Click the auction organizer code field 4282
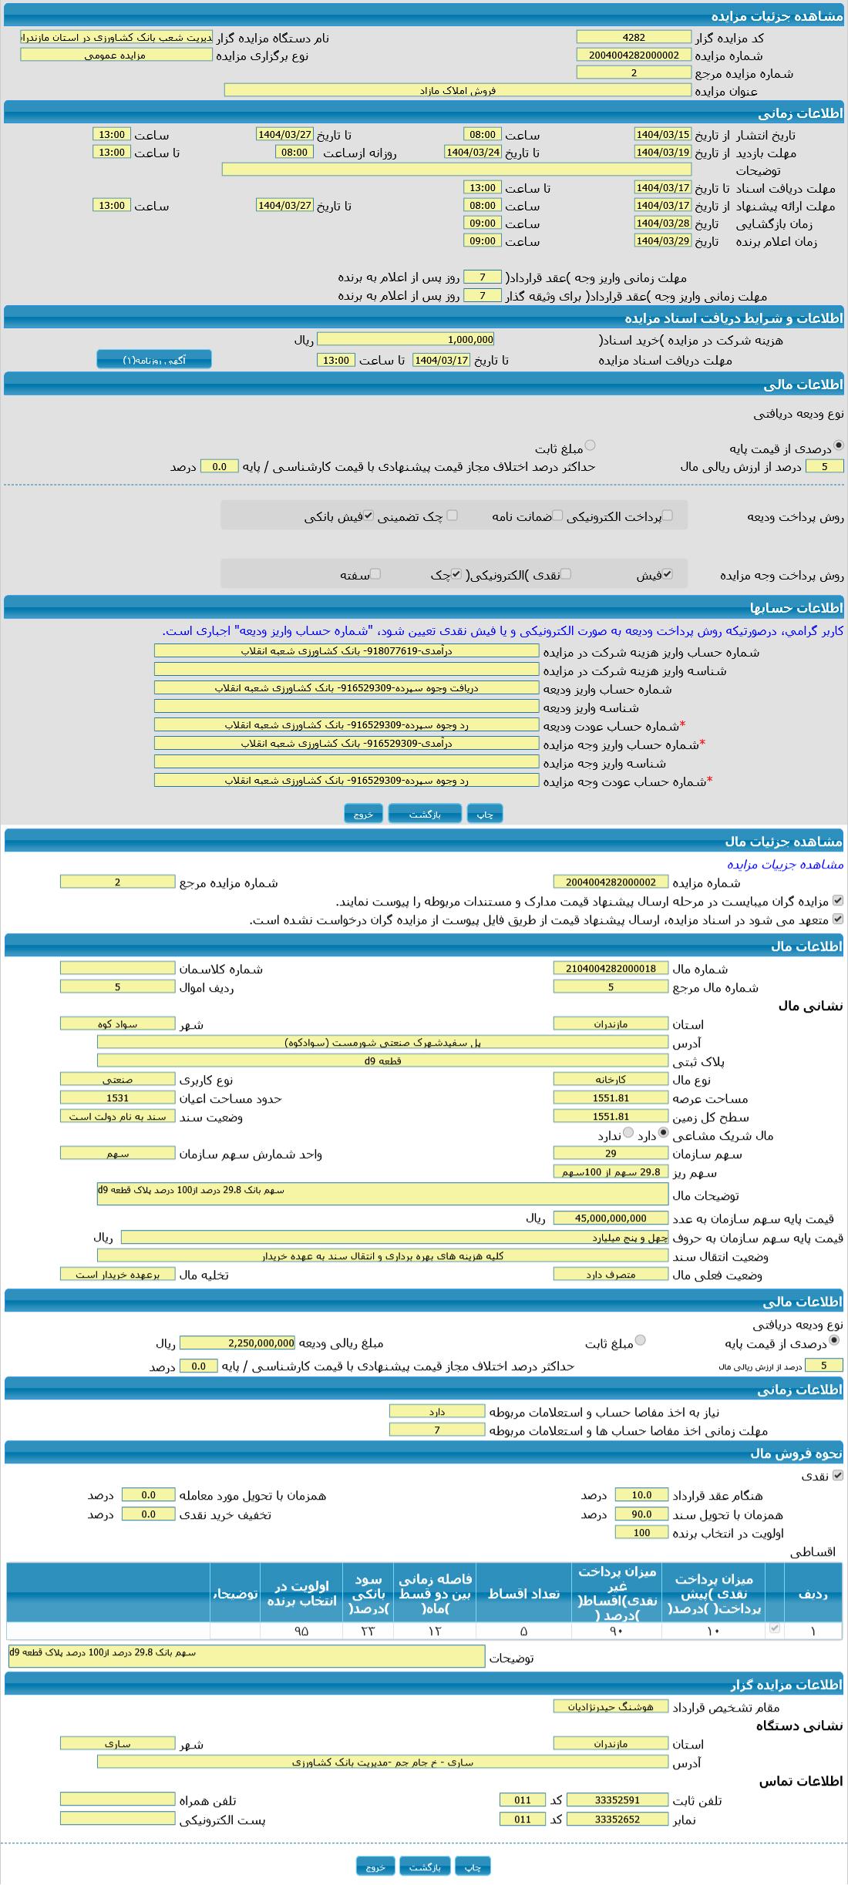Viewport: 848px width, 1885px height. coord(634,37)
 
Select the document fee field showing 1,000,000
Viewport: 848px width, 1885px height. coord(405,339)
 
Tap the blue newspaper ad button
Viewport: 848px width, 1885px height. coord(154,360)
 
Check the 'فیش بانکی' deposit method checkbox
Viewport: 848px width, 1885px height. coord(368,516)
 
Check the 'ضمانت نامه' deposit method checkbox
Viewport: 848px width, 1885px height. coord(557,516)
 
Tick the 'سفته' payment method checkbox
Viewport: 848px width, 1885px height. coord(375,574)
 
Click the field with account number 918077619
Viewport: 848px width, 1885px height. coord(346,651)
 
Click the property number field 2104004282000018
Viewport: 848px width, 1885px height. coord(611,968)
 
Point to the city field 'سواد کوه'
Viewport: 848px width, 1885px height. coord(117,1023)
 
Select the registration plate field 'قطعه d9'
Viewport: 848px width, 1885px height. coord(382,1060)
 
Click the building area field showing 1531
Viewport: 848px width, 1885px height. coord(117,1097)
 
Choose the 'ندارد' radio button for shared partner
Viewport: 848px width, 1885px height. coord(628,1133)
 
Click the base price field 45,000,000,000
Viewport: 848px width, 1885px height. coord(611,1218)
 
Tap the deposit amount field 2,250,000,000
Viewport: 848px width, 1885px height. coord(237,1342)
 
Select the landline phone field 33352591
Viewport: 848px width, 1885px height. coord(617,1799)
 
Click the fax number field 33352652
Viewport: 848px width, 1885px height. coord(617,1819)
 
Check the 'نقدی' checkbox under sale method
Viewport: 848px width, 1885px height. coord(838,1475)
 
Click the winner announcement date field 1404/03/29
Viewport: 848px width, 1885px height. coord(662,240)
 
